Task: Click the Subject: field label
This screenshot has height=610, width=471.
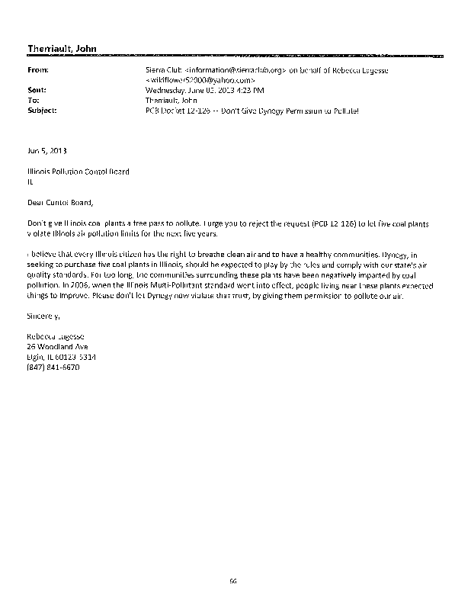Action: pyautogui.click(x=41, y=110)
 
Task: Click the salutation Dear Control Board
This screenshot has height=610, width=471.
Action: pyautogui.click(x=62, y=202)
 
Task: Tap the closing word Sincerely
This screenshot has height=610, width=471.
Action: pyautogui.click(x=42, y=316)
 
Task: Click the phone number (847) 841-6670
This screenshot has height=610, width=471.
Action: pyautogui.click(x=53, y=367)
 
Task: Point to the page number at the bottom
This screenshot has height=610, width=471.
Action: pyautogui.click(x=234, y=581)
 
